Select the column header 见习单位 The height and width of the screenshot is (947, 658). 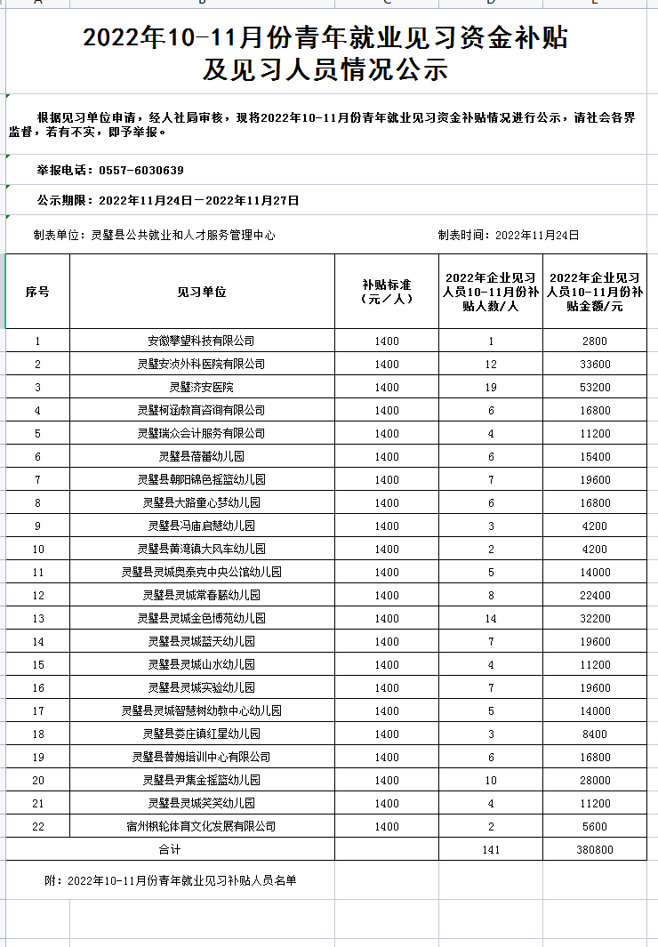click(x=202, y=293)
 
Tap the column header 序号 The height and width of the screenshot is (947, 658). click(x=37, y=293)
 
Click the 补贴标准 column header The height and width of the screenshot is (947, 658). click(x=387, y=293)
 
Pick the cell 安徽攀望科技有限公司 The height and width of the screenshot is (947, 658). click(x=202, y=341)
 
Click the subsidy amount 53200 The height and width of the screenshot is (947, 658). click(x=596, y=388)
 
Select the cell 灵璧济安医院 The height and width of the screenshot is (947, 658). click(x=202, y=388)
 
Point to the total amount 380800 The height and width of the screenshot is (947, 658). click(x=596, y=850)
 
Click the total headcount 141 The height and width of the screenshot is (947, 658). click(x=491, y=850)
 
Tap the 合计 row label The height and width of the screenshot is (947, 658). click(x=170, y=850)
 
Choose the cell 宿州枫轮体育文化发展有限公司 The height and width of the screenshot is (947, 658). click(x=202, y=827)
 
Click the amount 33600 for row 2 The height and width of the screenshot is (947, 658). click(x=596, y=365)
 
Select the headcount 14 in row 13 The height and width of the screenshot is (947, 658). click(x=491, y=619)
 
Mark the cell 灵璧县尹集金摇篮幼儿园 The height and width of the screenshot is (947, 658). click(x=202, y=781)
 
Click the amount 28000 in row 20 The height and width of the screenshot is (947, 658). click(x=596, y=781)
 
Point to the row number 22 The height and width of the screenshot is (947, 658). click(x=37, y=827)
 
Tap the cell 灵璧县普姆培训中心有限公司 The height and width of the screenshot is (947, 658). click(x=202, y=758)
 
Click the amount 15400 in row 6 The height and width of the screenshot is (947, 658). click(x=596, y=457)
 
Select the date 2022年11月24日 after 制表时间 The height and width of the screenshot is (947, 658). click(x=537, y=236)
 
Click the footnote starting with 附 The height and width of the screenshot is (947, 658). click(x=170, y=880)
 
